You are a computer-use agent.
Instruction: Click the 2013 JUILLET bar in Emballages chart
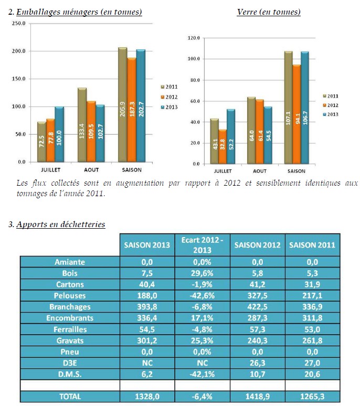[59, 134]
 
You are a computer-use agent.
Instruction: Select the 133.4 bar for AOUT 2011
[82, 125]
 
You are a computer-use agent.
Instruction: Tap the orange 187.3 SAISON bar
[132, 110]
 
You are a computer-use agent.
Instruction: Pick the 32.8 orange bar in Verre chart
[223, 147]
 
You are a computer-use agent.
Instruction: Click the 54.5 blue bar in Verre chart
[268, 135]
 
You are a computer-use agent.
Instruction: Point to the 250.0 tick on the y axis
[19, 24]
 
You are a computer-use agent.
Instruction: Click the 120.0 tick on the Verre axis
[194, 38]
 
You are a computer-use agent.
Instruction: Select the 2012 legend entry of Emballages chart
[169, 97]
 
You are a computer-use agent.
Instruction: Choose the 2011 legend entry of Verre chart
[331, 96]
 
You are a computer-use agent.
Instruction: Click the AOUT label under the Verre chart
[260, 171]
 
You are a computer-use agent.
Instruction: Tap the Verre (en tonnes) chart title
[269, 12]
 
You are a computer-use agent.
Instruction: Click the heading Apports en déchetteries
[60, 224]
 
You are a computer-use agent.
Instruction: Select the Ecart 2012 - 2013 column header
[202, 245]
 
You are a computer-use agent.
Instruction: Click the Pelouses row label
[70, 295]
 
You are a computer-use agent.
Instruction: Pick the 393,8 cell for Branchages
[147, 306]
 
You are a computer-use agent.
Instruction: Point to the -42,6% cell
[202, 295]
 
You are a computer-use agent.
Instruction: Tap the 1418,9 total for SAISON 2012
[258, 397]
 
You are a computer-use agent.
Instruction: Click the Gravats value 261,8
[312, 340]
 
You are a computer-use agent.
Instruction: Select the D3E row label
[70, 363]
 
